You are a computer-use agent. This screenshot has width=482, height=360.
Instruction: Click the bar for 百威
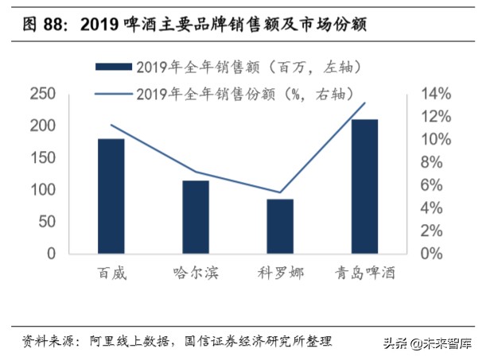(x=111, y=196)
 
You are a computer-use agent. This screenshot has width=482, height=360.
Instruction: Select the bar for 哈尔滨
(x=196, y=217)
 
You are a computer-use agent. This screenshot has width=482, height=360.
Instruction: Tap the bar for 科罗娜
(x=280, y=226)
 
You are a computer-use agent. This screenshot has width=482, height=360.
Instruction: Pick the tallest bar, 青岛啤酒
(x=364, y=187)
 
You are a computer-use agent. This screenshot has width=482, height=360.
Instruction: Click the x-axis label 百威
(x=111, y=273)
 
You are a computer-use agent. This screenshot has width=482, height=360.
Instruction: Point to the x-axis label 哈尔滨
(x=196, y=273)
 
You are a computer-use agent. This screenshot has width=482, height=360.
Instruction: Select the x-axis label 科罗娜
(x=280, y=273)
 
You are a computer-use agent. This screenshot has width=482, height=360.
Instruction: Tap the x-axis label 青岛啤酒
(x=365, y=273)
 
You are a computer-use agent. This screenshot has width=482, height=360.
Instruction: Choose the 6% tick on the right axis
(x=433, y=185)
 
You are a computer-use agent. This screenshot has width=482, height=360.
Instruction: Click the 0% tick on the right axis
(x=433, y=254)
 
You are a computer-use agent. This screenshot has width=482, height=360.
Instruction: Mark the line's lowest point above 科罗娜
(x=280, y=192)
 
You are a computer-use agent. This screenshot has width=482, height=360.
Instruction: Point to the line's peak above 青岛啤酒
(x=365, y=103)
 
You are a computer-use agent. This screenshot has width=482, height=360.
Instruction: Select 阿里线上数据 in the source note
(x=125, y=341)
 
